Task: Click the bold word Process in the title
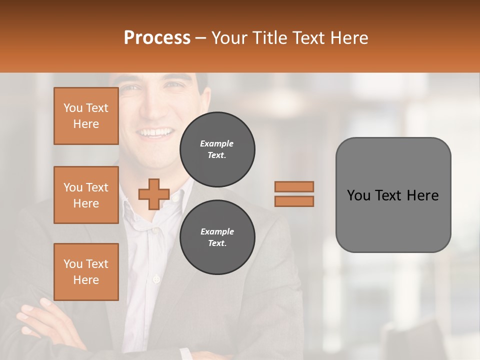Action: click(x=157, y=38)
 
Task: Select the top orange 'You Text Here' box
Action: click(x=86, y=116)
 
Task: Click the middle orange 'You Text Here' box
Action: click(x=86, y=195)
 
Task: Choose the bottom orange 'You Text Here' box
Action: click(x=86, y=272)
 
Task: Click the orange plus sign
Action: click(x=153, y=194)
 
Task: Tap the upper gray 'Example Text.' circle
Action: click(x=217, y=149)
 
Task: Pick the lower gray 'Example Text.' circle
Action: click(x=217, y=237)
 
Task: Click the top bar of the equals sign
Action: click(x=294, y=186)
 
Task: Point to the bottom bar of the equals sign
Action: click(x=294, y=201)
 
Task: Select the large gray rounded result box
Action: click(x=393, y=195)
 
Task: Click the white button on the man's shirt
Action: click(x=156, y=278)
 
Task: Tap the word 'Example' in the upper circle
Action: click(x=216, y=143)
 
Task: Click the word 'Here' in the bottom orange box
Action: click(x=86, y=280)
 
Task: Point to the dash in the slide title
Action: click(x=201, y=38)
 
